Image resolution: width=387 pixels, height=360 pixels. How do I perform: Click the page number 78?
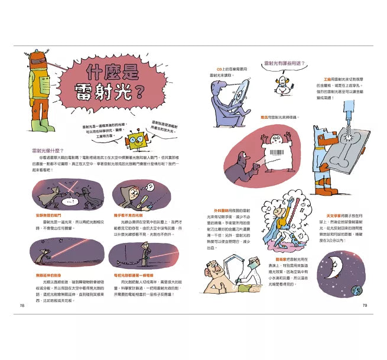(22, 305)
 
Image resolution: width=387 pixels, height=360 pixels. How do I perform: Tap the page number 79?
(365, 305)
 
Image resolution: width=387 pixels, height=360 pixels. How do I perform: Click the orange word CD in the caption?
(219, 69)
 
